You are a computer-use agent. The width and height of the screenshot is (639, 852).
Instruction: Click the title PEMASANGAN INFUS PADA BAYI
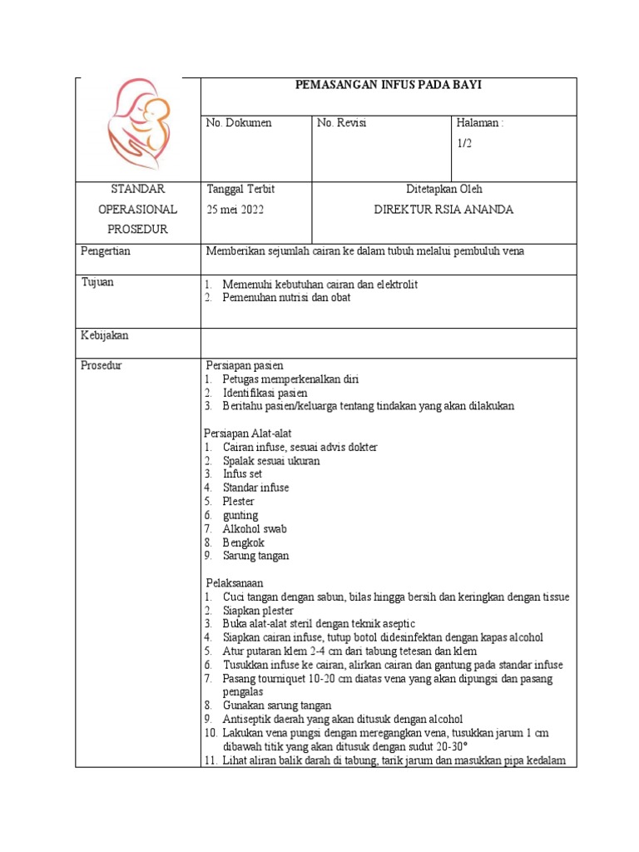389,85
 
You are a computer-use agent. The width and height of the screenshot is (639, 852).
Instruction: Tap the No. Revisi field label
342,123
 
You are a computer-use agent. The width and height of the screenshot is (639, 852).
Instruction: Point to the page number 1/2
464,143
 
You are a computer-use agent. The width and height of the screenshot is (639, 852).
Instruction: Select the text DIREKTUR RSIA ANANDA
443,210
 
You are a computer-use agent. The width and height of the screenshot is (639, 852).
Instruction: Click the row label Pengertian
106,250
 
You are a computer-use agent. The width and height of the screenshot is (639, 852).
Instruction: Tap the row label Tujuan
97,282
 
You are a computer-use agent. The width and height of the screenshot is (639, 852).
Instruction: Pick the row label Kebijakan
104,335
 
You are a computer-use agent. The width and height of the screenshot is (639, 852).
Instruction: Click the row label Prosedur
102,365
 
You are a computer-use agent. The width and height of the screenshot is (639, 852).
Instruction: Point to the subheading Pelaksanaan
235,583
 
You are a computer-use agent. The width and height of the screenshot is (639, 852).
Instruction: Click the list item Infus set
242,474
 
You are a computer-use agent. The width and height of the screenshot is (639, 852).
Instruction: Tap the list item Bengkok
243,542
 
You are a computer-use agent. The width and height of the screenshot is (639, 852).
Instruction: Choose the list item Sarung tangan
255,556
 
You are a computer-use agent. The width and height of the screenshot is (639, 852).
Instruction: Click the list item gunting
240,515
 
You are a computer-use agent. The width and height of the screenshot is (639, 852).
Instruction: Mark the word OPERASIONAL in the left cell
137,210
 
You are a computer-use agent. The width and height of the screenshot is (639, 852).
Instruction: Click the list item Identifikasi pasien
265,393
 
